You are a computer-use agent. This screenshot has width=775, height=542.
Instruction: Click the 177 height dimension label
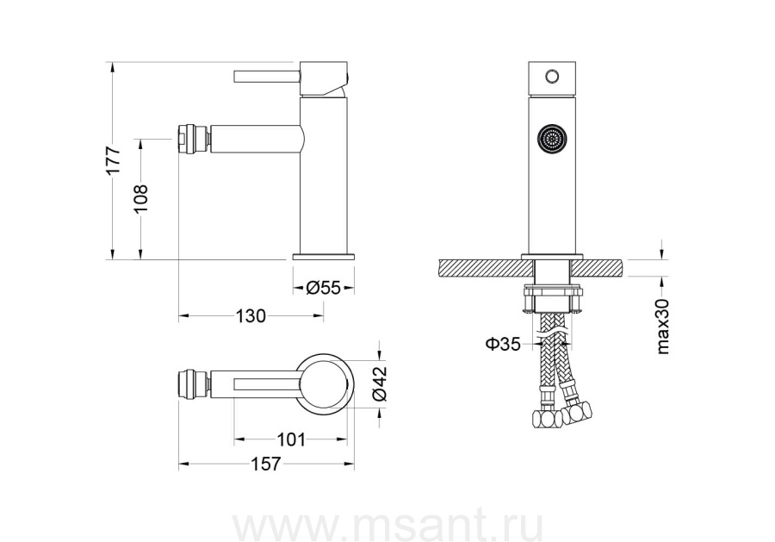(113, 159)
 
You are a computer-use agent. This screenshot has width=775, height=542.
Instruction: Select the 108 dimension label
(141, 199)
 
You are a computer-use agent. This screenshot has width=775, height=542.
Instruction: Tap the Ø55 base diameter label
(324, 287)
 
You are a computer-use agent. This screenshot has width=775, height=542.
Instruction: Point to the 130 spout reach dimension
(251, 315)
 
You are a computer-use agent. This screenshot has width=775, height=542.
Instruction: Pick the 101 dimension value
(291, 439)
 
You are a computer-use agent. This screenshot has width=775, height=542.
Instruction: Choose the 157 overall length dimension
(265, 464)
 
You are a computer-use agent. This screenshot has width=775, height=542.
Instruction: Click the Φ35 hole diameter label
(503, 344)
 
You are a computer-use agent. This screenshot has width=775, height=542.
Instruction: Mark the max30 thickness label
(663, 327)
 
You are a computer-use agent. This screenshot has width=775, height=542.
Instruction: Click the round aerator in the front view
(552, 140)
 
